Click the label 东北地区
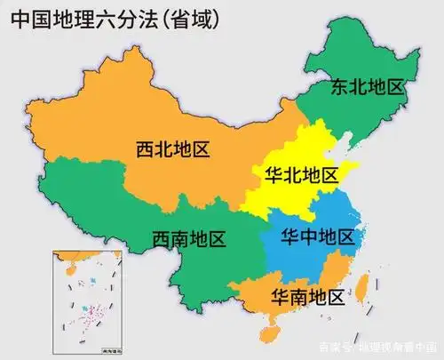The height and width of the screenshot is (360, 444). (368, 87)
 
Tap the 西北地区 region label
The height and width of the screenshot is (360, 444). (173, 149)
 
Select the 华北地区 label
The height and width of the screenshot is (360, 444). (301, 175)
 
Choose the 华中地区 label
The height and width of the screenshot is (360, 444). (317, 236)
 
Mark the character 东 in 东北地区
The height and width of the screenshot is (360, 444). (341, 87)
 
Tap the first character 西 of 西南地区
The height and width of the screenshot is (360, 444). (161, 238)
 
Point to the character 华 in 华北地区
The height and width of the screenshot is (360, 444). (274, 175)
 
